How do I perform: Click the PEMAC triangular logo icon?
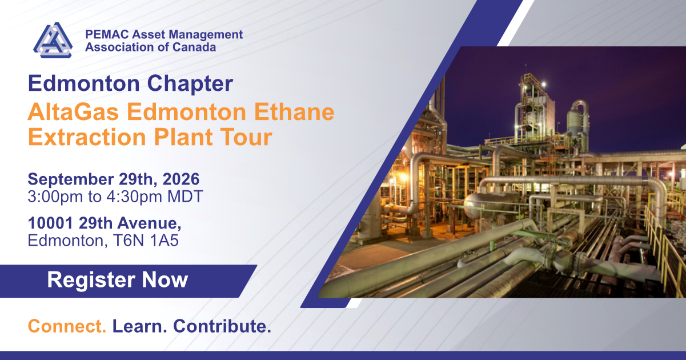coord(53,40)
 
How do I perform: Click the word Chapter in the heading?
coord(190,83)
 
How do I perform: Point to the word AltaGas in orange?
coord(73,112)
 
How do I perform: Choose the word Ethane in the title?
coord(294,112)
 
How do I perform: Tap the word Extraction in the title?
coord(87,137)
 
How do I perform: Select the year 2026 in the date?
coord(181,179)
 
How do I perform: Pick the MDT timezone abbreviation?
coord(185,197)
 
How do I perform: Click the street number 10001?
coord(50,223)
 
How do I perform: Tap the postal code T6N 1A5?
coord(146,241)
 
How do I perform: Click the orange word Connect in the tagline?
coord(67,326)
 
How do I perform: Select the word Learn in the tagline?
coord(139,326)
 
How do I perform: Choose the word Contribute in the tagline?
coord(222,326)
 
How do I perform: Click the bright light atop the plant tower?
coord(544,84)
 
